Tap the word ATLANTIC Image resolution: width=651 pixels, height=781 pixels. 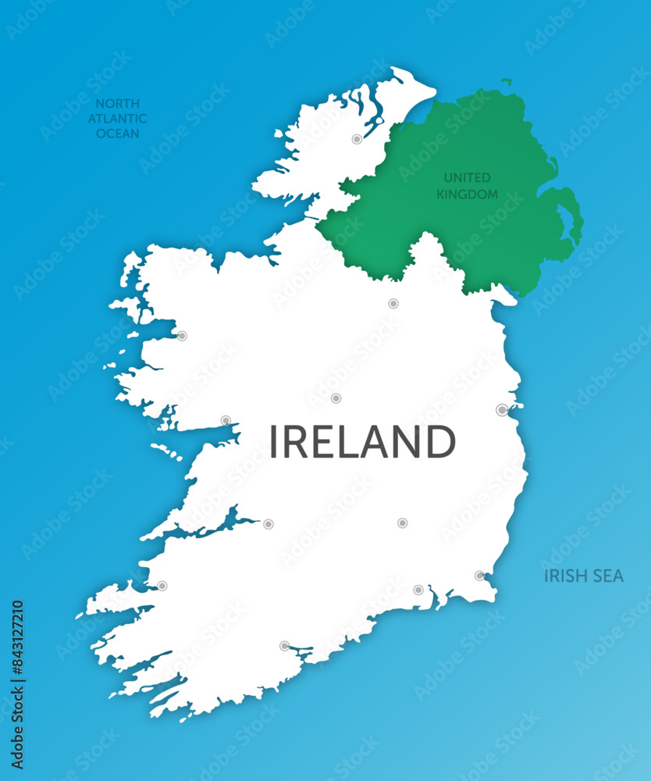click(117, 119)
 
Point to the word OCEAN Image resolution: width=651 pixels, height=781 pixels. click(117, 134)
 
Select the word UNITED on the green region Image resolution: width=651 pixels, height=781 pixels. click(467, 178)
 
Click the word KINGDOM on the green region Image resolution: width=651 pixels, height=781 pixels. click(467, 194)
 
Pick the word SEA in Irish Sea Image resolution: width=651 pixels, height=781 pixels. click(608, 576)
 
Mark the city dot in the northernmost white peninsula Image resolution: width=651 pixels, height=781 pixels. click(357, 139)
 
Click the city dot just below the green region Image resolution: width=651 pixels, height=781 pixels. click(393, 303)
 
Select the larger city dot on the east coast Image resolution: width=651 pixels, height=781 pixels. click(502, 410)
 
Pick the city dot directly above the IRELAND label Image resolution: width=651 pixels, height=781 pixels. click(336, 398)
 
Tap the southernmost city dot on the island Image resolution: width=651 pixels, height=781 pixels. click(285, 646)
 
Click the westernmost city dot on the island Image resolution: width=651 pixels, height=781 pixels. click(162, 586)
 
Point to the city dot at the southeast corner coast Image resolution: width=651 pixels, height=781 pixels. click(479, 576)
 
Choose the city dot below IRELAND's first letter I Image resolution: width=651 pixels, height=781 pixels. click(268, 523)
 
